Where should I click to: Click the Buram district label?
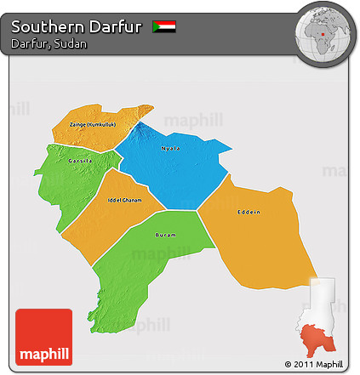click(x=165, y=236)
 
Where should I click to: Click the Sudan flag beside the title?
click(x=164, y=26)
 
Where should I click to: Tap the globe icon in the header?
click(x=323, y=31)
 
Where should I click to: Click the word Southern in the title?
click(x=46, y=26)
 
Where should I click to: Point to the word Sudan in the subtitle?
click(x=71, y=43)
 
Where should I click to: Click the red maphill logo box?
click(x=44, y=337)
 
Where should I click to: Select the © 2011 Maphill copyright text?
click(x=317, y=365)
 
